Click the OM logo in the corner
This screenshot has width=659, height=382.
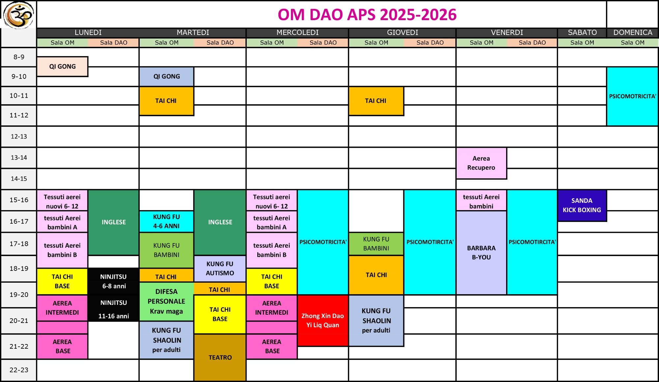[18, 15]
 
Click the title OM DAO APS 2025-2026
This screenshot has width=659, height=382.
[367, 15]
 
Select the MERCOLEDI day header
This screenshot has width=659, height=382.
[297, 32]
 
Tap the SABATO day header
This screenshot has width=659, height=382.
[582, 32]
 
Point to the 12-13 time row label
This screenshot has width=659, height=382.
[19, 136]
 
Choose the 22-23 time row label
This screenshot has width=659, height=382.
[19, 370]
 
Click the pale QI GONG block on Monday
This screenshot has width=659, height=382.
[62, 66]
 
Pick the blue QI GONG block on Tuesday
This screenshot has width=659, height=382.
[166, 77]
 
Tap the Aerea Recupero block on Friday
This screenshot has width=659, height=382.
[481, 163]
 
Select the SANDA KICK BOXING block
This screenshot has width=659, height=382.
[582, 205]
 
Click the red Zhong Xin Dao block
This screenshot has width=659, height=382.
[323, 320]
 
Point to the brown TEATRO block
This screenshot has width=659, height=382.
[220, 358]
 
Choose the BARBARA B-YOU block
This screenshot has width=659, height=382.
[481, 253]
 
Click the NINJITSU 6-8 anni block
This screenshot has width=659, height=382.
[113, 281]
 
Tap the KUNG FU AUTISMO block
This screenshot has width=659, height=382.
[220, 269]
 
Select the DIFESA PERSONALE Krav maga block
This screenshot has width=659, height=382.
[166, 302]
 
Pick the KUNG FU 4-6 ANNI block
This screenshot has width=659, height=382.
[166, 221]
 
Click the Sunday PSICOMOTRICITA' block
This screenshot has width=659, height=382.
[632, 96]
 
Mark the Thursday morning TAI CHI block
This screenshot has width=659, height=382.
[376, 101]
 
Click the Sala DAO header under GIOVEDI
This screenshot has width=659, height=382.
[430, 43]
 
